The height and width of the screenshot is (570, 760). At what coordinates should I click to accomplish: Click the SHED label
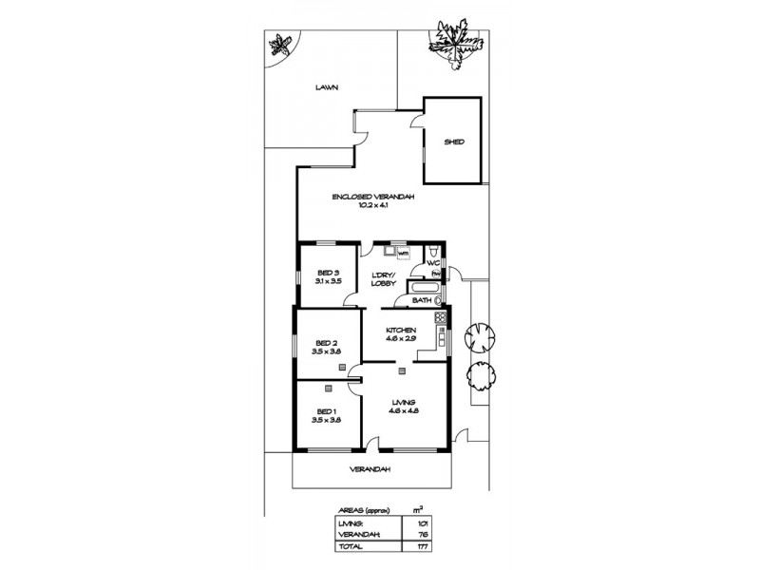[454, 142]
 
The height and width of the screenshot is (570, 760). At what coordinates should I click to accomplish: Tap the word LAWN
[327, 87]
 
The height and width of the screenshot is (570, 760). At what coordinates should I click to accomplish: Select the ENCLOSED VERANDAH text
[374, 197]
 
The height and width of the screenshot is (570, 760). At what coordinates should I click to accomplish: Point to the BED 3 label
[328, 273]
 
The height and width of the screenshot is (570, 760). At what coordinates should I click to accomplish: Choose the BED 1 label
[326, 410]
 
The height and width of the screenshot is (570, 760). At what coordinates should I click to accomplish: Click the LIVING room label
[403, 404]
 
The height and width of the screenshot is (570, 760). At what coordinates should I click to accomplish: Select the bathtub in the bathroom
[422, 287]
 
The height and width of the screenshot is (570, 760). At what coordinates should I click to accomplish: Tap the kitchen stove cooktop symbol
[440, 317]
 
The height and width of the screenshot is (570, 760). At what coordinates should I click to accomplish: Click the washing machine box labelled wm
[403, 254]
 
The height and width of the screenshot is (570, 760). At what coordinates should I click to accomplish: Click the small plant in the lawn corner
[279, 44]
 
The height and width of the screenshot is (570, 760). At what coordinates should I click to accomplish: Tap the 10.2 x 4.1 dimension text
[374, 205]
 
